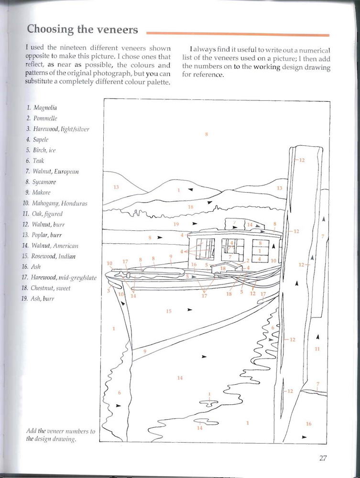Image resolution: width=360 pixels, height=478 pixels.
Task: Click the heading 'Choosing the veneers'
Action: click(x=82, y=29)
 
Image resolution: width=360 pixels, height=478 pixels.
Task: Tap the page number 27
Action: click(x=323, y=458)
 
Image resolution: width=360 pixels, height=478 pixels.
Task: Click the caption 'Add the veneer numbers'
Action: click(x=61, y=431)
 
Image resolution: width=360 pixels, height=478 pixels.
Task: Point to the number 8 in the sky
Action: click(x=207, y=134)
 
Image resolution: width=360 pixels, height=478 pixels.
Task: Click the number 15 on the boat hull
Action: click(x=168, y=311)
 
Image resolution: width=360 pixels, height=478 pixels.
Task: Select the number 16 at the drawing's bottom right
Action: click(x=308, y=424)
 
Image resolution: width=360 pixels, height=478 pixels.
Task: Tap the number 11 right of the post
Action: click(x=316, y=349)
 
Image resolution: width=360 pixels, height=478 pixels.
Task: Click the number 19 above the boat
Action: click(x=176, y=224)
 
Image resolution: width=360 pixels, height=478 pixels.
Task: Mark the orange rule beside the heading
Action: click(x=237, y=34)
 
